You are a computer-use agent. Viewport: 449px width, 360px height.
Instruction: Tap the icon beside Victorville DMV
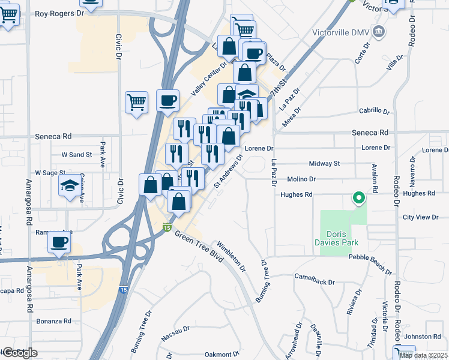pos(379,31)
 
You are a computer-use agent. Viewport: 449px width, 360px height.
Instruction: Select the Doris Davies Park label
pos(339,238)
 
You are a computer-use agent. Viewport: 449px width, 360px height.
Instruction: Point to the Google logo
pos(20,353)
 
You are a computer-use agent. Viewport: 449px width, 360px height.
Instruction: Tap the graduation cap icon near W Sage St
pos(69,187)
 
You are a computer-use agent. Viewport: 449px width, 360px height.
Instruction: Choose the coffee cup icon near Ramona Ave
pos(59,242)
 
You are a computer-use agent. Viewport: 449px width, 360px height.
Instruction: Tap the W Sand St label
pos(76,154)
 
